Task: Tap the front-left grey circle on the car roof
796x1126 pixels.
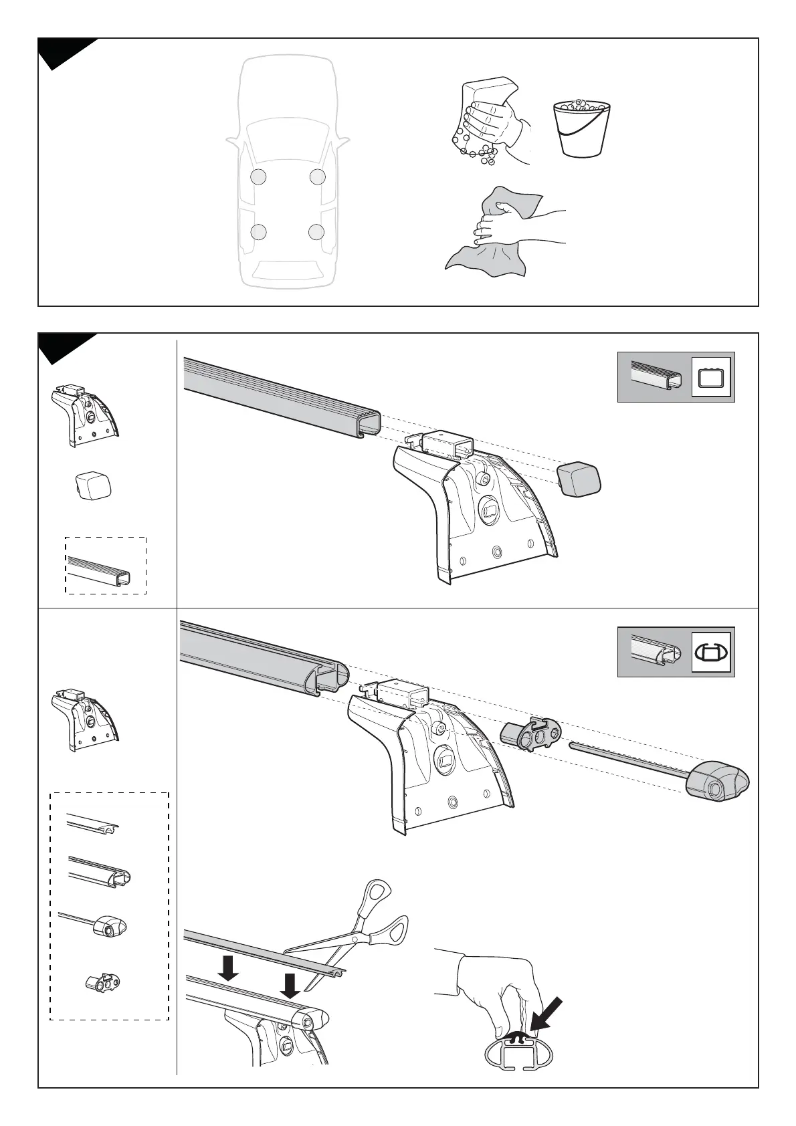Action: pyautogui.click(x=259, y=177)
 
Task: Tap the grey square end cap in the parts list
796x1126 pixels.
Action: pyautogui.click(x=92, y=485)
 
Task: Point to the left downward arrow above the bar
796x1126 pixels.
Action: pyautogui.click(x=229, y=968)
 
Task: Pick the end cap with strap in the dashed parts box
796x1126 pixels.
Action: pyautogui.click(x=107, y=927)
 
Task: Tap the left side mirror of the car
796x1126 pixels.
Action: pyautogui.click(x=231, y=142)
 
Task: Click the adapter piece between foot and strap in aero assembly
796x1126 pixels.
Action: pyautogui.click(x=532, y=734)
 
